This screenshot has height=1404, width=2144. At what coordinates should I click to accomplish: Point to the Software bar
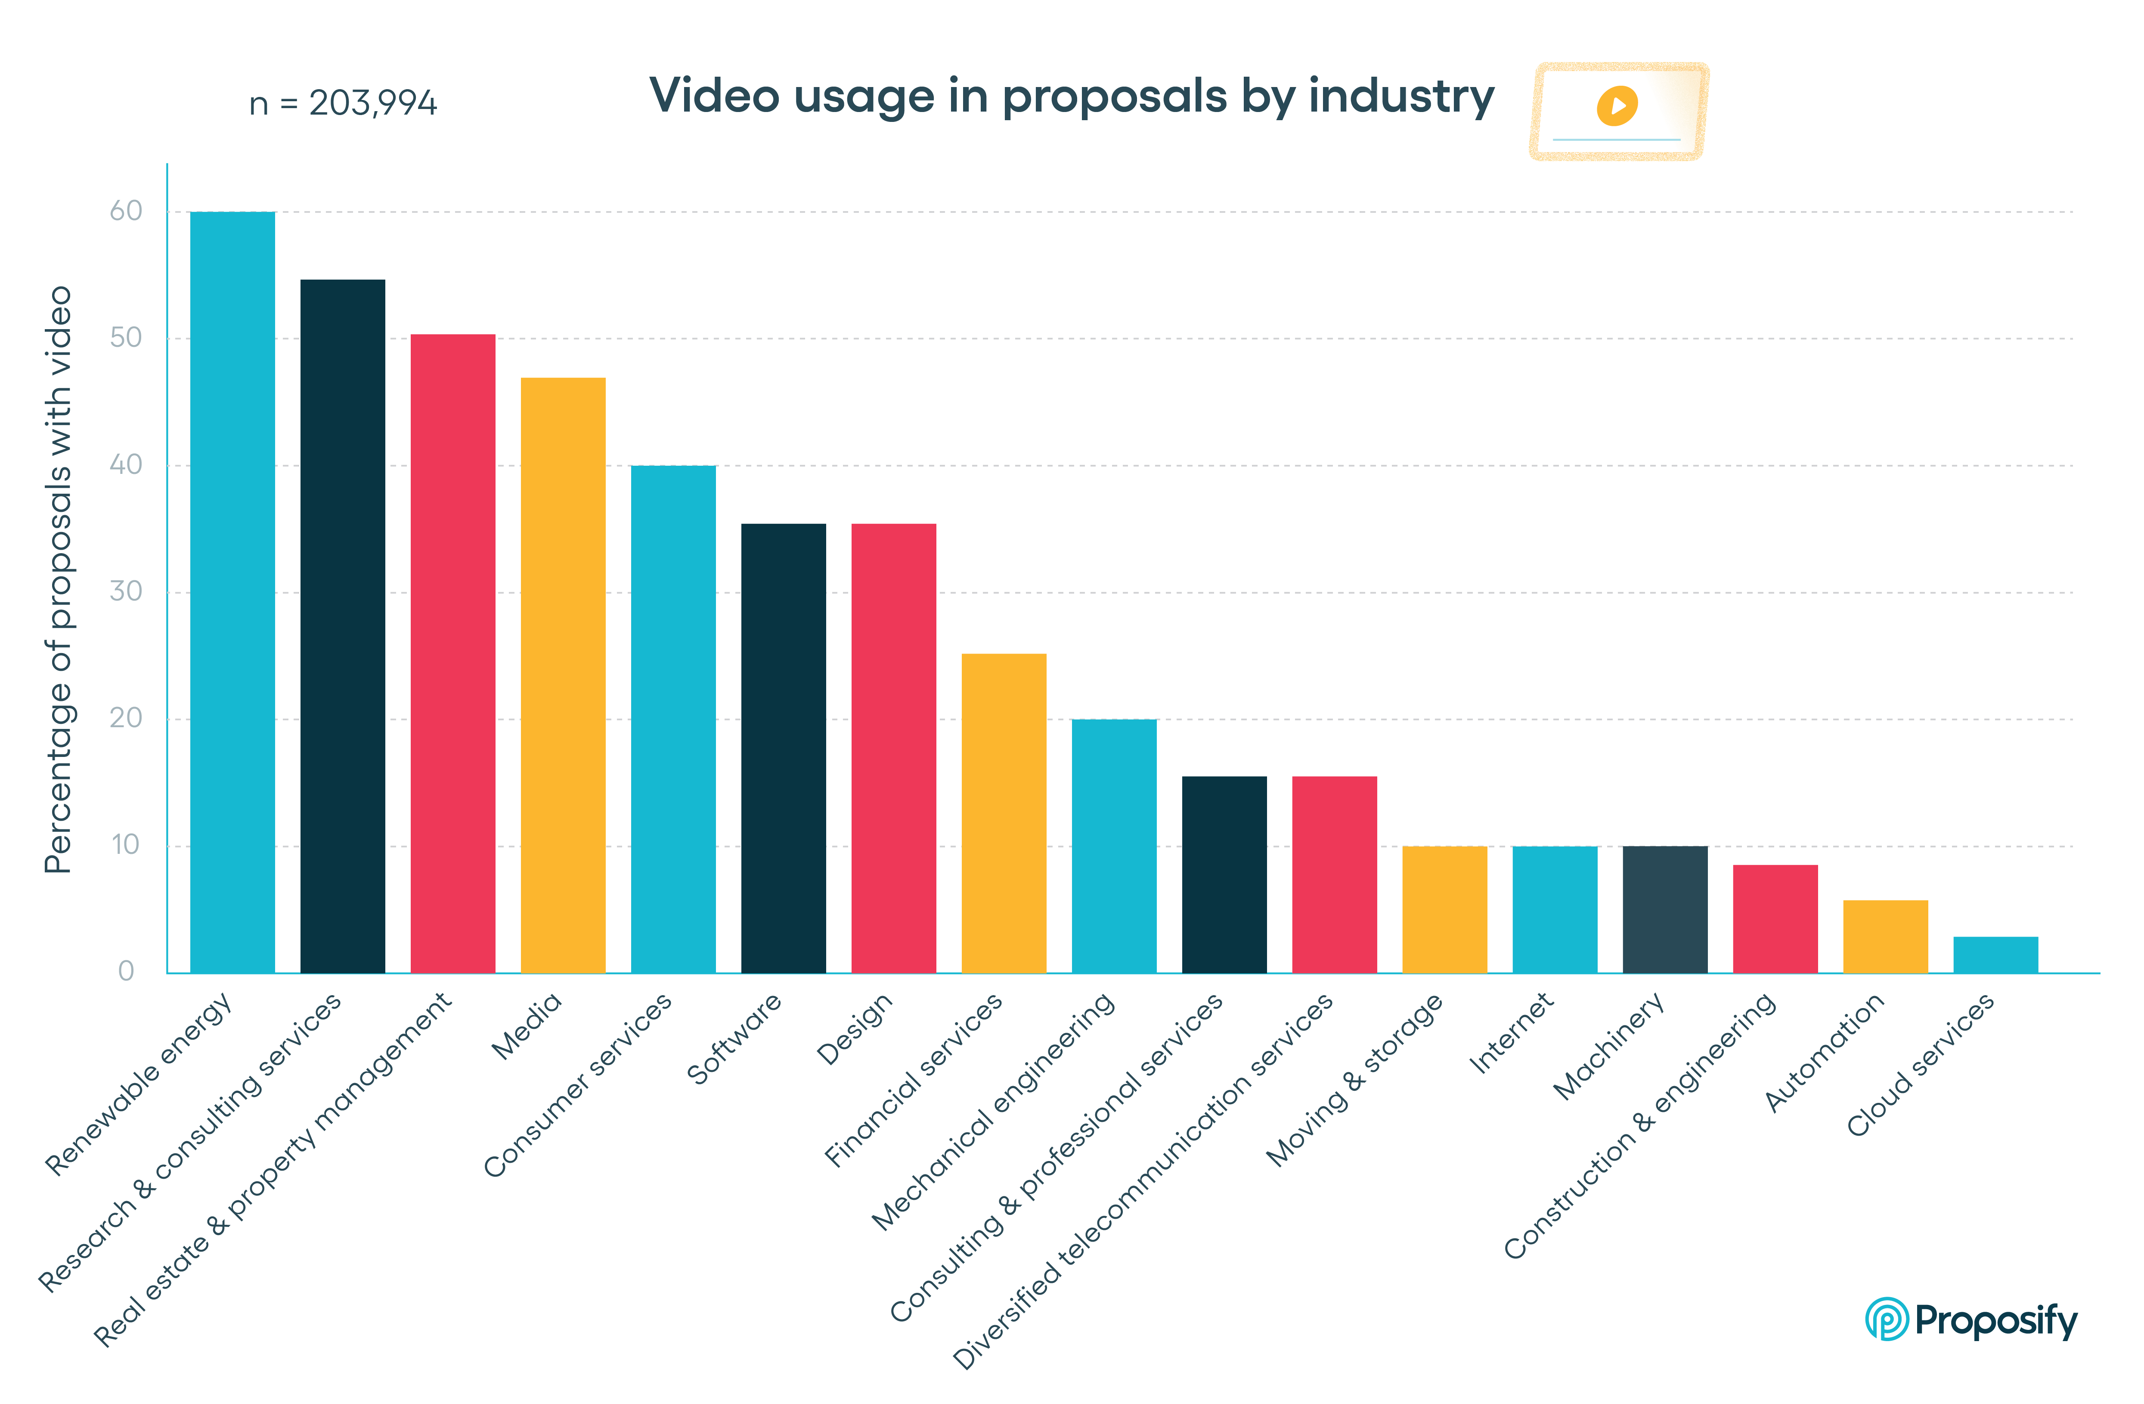pyautogui.click(x=783, y=748)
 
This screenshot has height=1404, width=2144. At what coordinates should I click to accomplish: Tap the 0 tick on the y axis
pyautogui.click(x=126, y=971)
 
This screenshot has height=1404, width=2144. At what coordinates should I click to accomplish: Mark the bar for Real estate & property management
pyautogui.click(x=452, y=654)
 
